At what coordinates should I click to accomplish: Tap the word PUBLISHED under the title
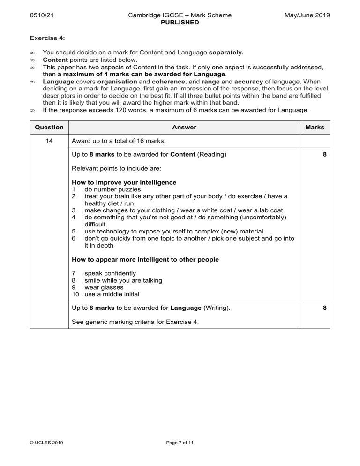pos(180,22)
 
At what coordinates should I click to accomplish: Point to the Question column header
pos(49,127)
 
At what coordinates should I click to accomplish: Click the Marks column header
pos(315,127)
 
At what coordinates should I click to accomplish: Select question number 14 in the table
pos(49,141)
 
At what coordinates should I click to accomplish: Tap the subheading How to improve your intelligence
pos(124,182)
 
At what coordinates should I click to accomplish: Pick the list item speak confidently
pos(110,273)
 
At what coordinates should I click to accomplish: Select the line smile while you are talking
pos(123,280)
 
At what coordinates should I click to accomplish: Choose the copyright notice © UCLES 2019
pos(47,442)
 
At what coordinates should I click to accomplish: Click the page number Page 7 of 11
pos(180,442)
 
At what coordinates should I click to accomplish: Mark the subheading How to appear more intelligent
pos(145,259)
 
